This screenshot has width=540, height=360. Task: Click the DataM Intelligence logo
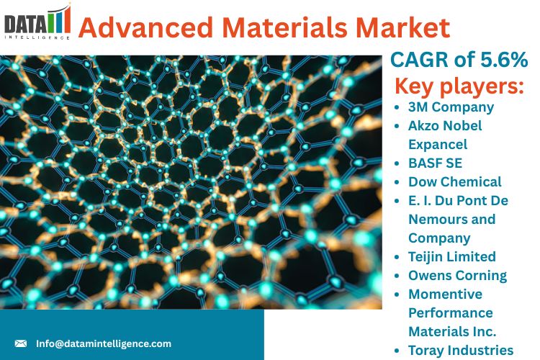(x=37, y=22)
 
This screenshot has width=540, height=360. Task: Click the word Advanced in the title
(x=145, y=27)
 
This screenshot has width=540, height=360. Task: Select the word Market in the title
(x=403, y=27)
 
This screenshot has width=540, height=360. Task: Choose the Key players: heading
(x=459, y=86)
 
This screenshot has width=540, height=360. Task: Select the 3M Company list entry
(x=451, y=107)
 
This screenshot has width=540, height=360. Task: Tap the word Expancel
(x=438, y=144)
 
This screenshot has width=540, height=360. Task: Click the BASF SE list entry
(x=436, y=163)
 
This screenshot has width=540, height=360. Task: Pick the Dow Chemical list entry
(x=455, y=182)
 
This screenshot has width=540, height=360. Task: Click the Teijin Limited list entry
(x=452, y=257)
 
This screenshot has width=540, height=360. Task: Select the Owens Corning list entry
(x=458, y=276)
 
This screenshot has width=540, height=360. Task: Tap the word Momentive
(x=445, y=294)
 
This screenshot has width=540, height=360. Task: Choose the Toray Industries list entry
(x=461, y=351)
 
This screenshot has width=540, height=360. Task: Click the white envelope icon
(x=21, y=343)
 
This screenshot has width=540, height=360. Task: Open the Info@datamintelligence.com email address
(x=104, y=344)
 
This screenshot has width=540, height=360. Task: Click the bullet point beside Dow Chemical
(x=397, y=182)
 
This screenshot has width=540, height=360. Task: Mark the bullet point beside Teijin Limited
(x=397, y=257)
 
